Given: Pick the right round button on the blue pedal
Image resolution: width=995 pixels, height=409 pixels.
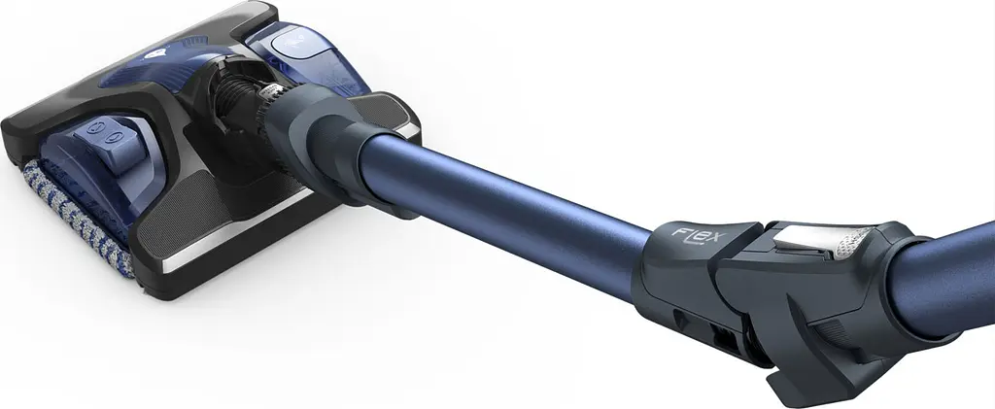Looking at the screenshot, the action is pos(117,136).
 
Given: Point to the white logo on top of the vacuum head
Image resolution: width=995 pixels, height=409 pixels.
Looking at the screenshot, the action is pos(154,53).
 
